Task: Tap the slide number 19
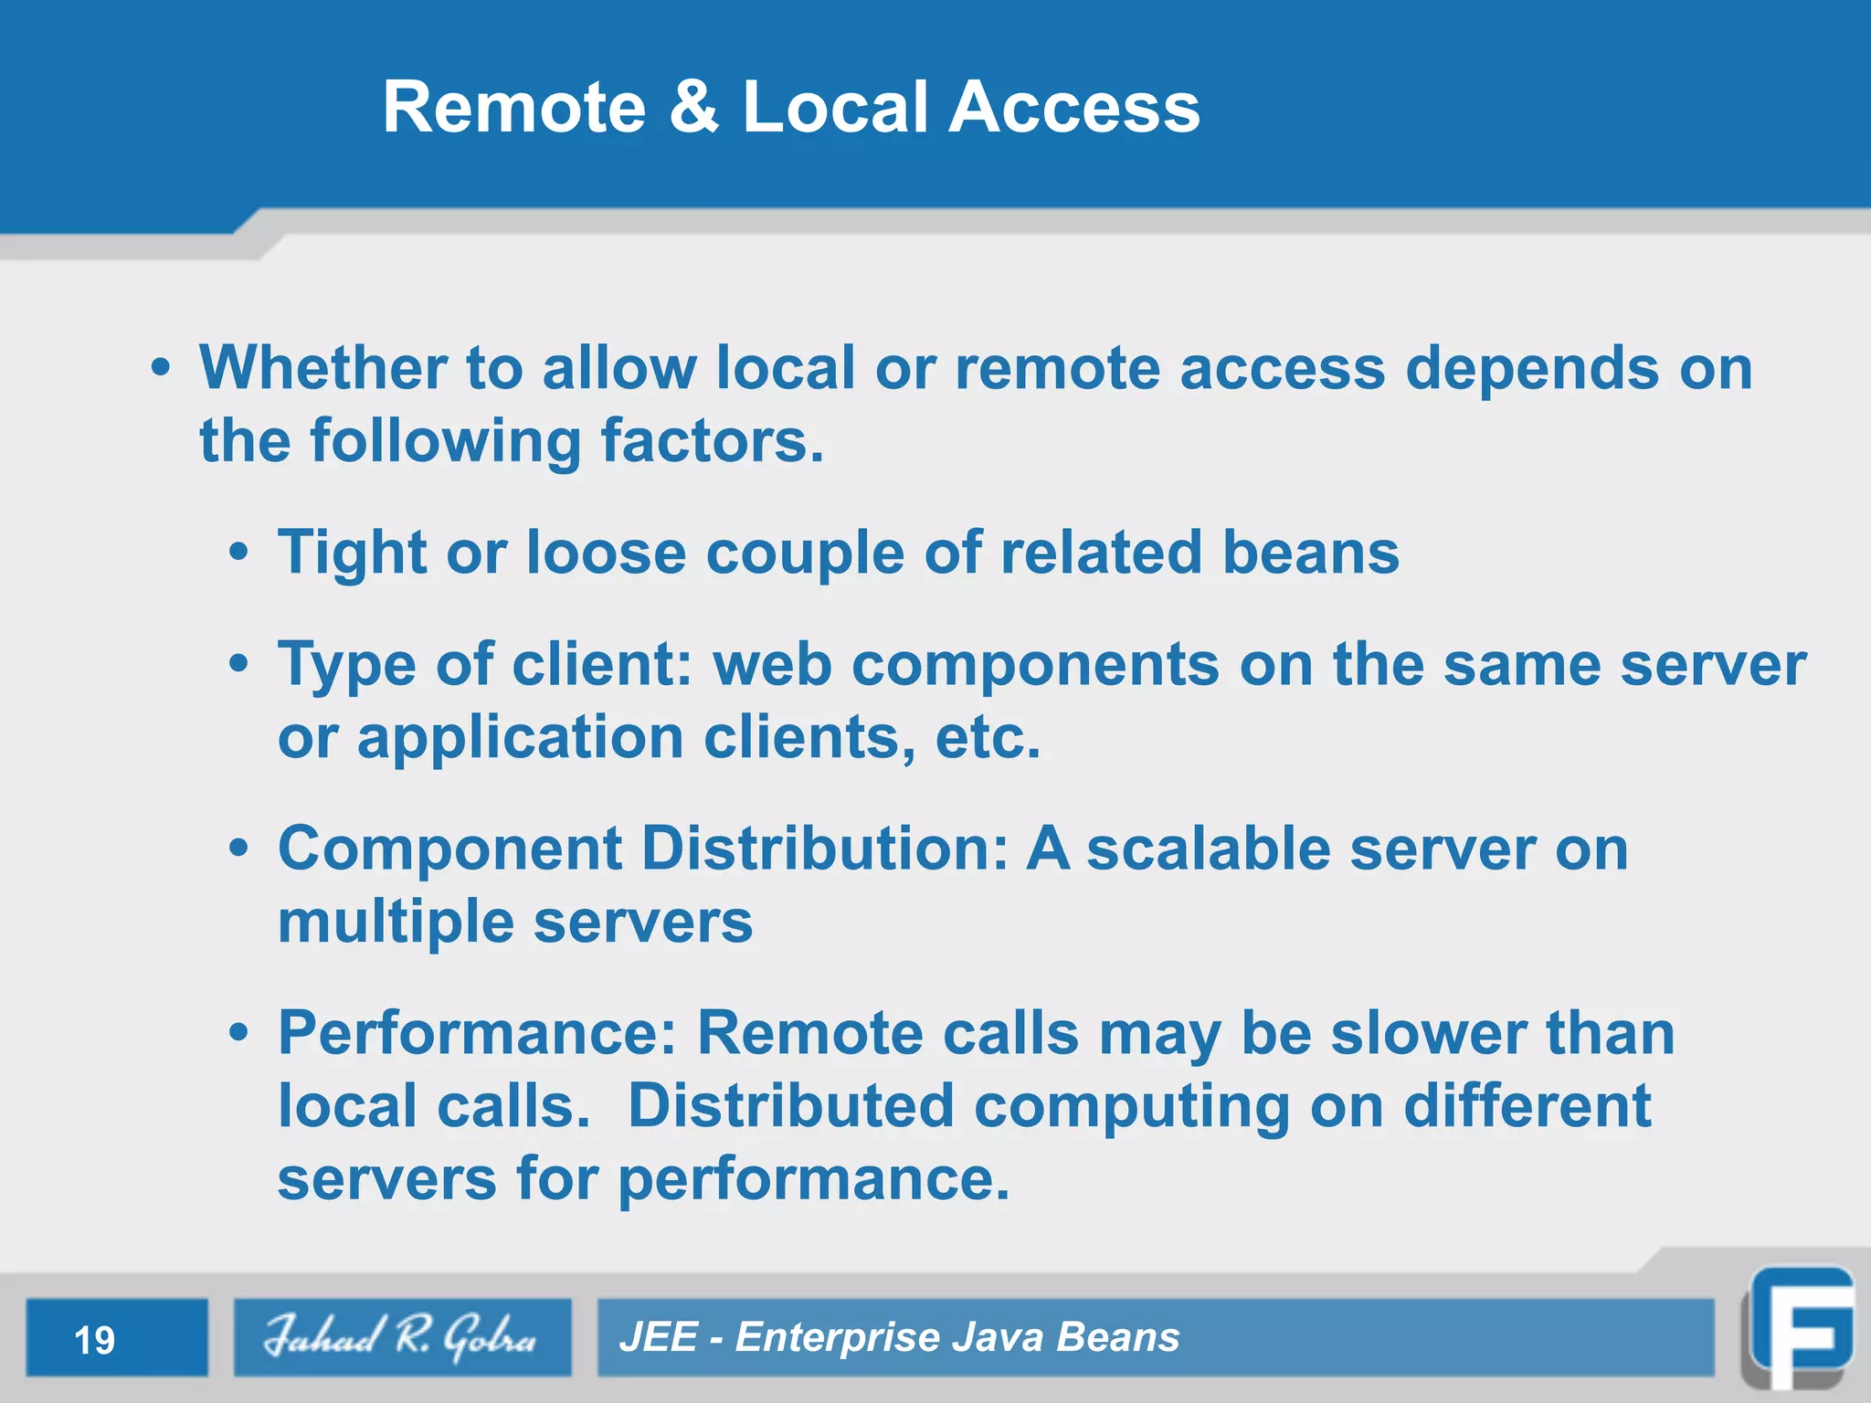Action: pos(94,1340)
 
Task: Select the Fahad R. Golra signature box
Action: pos(402,1337)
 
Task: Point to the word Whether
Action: pos(322,368)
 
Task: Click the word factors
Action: pos(712,441)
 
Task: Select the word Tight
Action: pos(352,554)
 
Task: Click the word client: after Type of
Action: pos(602,664)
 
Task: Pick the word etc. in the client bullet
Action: pos(988,738)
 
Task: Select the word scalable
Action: pos(1209,849)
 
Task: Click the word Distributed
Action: pos(790,1106)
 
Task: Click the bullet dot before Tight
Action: pos(238,553)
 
